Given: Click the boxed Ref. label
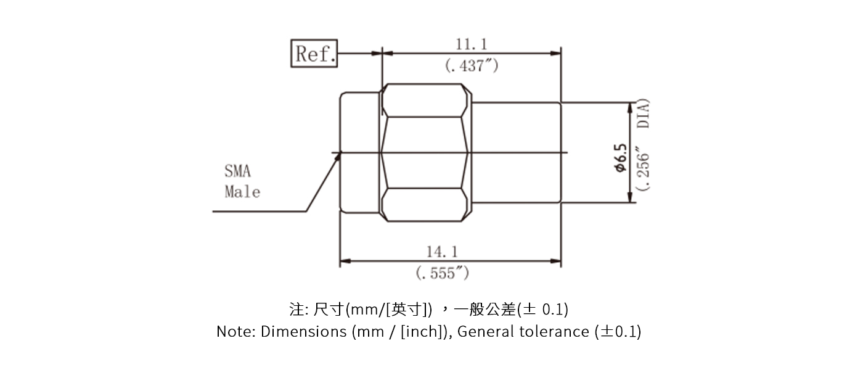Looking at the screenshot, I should pyautogui.click(x=314, y=54).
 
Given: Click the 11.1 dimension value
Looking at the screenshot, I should pyautogui.click(x=472, y=44).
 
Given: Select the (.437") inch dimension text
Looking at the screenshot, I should pyautogui.click(x=472, y=65).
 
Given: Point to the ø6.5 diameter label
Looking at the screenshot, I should pyautogui.click(x=620, y=158).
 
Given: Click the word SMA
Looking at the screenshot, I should pyautogui.click(x=238, y=171).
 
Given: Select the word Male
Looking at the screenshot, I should pyautogui.click(x=242, y=192).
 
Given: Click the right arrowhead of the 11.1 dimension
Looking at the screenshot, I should pyautogui.click(x=556, y=53).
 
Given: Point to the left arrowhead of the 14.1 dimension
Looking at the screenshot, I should pyautogui.click(x=345, y=261).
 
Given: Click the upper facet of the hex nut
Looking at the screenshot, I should pyautogui.click(x=422, y=101).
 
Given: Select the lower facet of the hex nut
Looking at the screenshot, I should pyautogui.click(x=422, y=205).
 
